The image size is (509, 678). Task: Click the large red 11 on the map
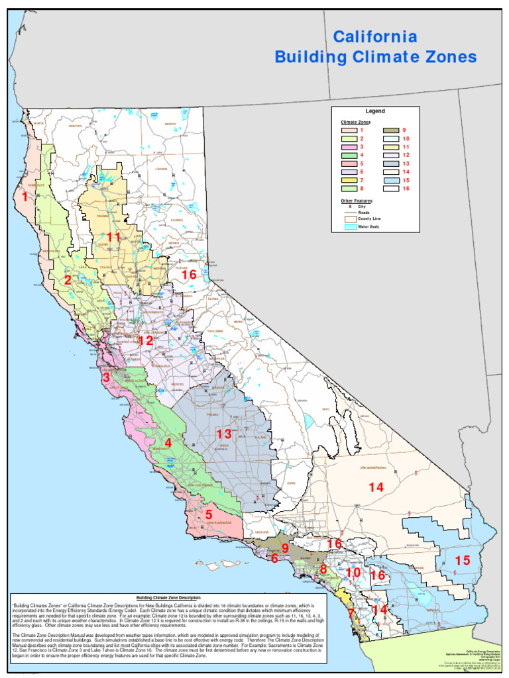click(113, 237)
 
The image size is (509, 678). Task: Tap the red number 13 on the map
click(224, 434)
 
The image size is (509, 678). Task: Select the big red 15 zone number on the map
click(462, 561)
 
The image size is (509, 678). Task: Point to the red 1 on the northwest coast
click(25, 197)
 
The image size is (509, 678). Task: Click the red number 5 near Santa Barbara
click(208, 514)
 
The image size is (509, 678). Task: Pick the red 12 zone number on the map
click(145, 341)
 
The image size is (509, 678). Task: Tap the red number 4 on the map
click(168, 442)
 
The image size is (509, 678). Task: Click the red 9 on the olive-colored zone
click(285, 548)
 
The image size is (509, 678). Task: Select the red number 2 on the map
click(68, 280)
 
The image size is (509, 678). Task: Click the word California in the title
click(375, 36)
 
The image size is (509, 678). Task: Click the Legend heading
click(375, 111)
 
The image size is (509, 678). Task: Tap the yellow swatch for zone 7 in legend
click(349, 180)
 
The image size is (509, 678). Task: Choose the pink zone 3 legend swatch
click(349, 147)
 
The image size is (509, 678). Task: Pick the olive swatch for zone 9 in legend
click(392, 130)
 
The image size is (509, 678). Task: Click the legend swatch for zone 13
click(392, 164)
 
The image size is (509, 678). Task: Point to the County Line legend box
click(349, 218)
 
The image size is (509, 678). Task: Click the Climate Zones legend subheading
click(356, 122)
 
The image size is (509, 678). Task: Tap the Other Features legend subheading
click(357, 200)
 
